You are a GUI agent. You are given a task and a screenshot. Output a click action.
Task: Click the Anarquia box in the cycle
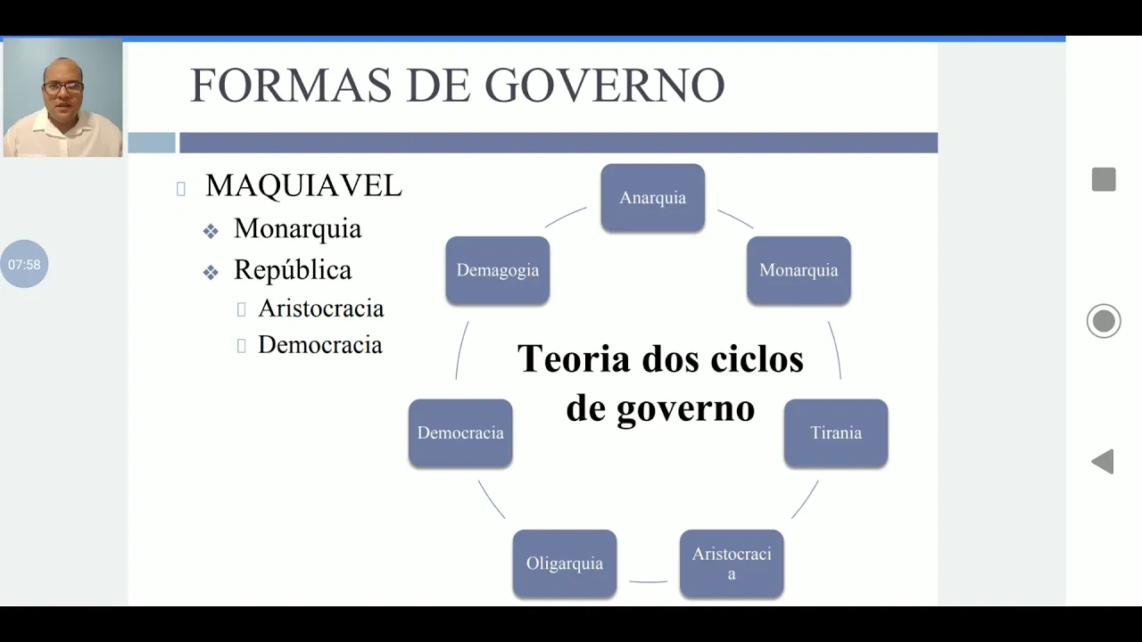tap(652, 198)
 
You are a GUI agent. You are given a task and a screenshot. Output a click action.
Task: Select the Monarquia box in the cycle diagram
tap(799, 270)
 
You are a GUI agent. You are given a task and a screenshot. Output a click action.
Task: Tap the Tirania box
tap(836, 433)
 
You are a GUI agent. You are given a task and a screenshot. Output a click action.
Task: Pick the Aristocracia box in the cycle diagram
tap(732, 564)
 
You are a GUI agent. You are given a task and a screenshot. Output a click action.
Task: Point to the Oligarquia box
tap(565, 564)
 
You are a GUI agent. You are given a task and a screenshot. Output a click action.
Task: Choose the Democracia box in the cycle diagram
tap(460, 433)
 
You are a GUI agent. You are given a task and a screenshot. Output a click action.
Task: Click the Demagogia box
tap(498, 270)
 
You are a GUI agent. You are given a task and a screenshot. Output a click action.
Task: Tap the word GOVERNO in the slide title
tap(604, 86)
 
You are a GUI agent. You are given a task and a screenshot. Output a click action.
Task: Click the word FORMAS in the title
tap(290, 86)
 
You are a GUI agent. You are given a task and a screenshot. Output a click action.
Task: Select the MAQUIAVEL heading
tap(303, 185)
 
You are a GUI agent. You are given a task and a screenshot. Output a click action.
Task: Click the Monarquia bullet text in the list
tap(297, 229)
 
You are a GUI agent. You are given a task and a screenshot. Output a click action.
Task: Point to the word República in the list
tap(293, 269)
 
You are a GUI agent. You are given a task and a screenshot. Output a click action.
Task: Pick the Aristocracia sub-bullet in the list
tap(320, 309)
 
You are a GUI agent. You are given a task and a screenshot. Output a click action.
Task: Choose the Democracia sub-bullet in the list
tap(319, 345)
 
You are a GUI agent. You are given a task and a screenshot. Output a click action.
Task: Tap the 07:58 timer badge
tap(24, 264)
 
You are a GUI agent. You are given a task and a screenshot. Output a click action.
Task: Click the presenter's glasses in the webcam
tap(62, 87)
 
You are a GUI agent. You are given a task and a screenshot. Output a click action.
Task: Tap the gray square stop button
tap(1104, 179)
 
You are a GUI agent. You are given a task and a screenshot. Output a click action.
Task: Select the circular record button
tap(1104, 321)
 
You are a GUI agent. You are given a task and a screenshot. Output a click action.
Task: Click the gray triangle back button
tap(1104, 462)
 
